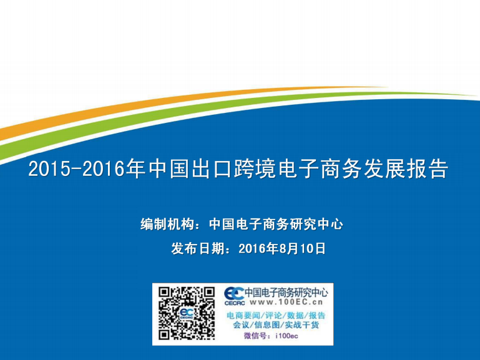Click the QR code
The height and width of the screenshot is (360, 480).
[x=187, y=313]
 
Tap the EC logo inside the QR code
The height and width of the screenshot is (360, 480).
[x=187, y=313]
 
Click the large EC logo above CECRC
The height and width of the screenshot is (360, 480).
[x=234, y=294]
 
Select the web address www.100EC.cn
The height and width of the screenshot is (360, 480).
[x=287, y=302]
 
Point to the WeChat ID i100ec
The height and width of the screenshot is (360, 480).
[x=287, y=336]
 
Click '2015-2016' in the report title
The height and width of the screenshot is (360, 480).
[x=77, y=168]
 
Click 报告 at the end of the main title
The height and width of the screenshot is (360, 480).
[x=428, y=168]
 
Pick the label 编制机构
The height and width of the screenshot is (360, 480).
[x=167, y=224]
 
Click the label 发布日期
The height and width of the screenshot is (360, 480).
[x=198, y=248]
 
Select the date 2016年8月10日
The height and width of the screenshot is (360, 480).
[x=282, y=248]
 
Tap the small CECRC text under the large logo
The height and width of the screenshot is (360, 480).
[x=235, y=303]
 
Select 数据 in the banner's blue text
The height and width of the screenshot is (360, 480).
[x=295, y=315]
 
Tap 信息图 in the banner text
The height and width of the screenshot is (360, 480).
[x=267, y=325]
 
